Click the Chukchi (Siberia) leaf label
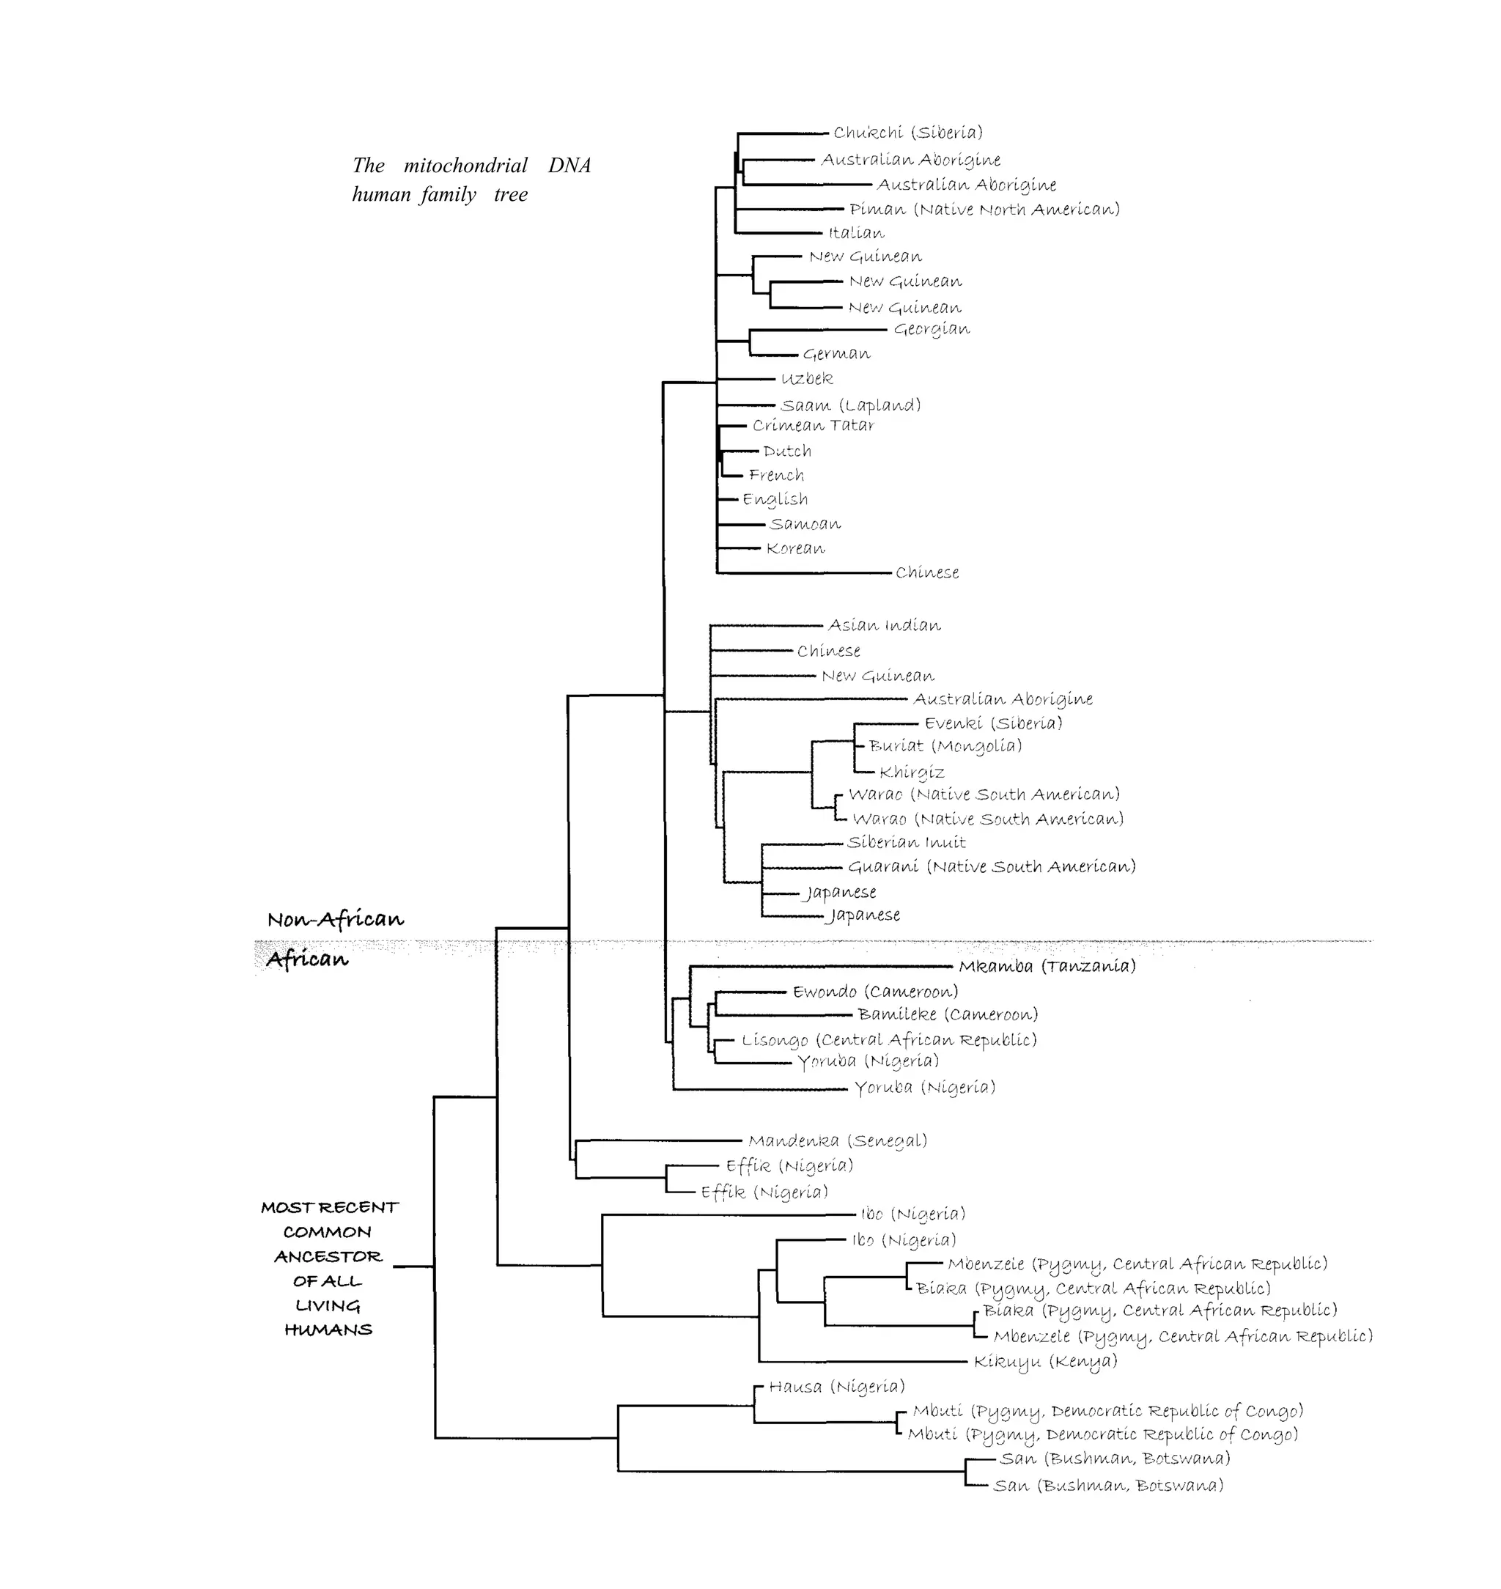(907, 133)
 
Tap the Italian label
(856, 233)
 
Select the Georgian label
(932, 329)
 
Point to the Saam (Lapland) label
(850, 405)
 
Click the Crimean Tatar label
(813, 426)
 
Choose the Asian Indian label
(884, 625)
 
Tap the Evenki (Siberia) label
(993, 723)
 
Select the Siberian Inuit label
(906, 842)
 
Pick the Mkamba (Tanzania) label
(1047, 967)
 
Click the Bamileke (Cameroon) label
(948, 1014)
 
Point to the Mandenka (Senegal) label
(838, 1140)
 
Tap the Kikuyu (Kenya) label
(1045, 1361)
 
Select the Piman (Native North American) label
(984, 210)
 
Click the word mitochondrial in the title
(465, 166)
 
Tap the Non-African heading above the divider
(335, 919)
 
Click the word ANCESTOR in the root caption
(328, 1257)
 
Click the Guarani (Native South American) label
(992, 866)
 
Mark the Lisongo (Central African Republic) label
(888, 1040)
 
